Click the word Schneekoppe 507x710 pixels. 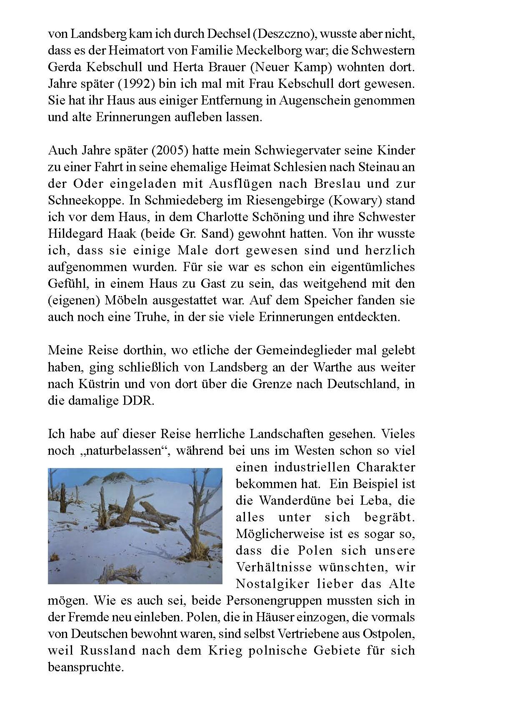pos(86,200)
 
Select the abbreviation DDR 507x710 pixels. pos(138,401)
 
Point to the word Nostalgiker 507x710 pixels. pos(272,584)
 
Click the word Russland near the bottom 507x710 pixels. pos(108,650)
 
